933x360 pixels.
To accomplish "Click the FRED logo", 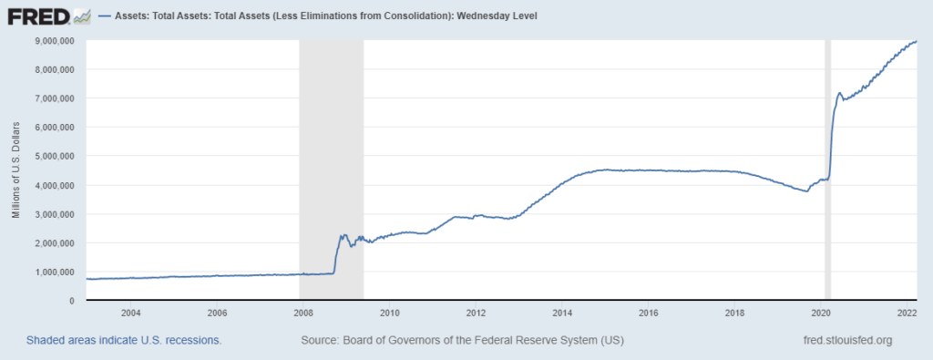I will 46,15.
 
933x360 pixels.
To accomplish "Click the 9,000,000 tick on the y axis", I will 55,40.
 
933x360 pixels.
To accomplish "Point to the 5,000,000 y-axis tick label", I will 55,156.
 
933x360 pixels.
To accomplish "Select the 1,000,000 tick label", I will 55,272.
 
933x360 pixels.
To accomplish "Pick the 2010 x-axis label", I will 389,313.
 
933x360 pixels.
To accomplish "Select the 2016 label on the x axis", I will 648,313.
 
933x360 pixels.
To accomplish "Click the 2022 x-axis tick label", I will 907,313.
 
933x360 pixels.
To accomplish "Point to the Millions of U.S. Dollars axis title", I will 16,170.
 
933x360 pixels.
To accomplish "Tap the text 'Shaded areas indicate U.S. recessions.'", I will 125,340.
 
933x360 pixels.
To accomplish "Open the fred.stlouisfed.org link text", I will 843,340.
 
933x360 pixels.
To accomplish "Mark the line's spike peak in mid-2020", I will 839,93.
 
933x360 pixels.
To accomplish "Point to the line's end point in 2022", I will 916,41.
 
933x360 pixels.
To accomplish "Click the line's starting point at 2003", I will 87,279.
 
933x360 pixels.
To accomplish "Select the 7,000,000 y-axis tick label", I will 55,98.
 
